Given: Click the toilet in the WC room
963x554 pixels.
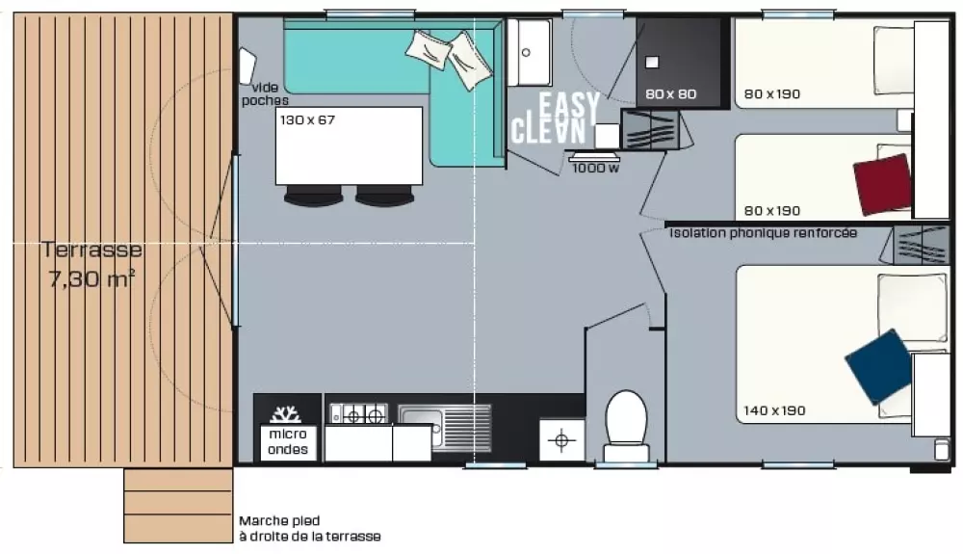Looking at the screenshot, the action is (x=626, y=426).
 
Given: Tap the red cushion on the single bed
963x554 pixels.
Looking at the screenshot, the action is (x=882, y=184).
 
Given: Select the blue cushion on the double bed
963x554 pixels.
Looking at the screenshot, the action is (x=879, y=366).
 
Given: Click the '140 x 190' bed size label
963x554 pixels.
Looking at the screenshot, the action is (x=774, y=410).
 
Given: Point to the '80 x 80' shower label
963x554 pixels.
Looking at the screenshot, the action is (x=670, y=94).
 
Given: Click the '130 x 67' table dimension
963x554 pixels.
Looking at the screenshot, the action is (x=308, y=119).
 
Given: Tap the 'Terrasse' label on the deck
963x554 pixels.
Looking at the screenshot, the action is (x=92, y=250).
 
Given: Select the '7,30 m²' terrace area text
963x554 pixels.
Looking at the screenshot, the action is (x=92, y=279).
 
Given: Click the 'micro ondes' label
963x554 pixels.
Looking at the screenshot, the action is (x=287, y=441).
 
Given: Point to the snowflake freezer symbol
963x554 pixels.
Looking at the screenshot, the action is (x=286, y=414).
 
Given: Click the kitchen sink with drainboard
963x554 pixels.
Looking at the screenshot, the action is (x=445, y=428).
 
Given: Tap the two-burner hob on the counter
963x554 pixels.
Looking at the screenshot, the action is (x=358, y=414).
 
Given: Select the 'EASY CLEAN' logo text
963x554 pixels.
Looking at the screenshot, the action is (x=556, y=118).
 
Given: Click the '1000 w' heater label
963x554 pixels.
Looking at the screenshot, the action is (x=596, y=168).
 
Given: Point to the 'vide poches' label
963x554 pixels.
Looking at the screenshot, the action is (x=265, y=94).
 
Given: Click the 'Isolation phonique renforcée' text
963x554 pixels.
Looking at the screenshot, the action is (x=763, y=233).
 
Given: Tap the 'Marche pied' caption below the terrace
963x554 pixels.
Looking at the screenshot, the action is (x=279, y=521).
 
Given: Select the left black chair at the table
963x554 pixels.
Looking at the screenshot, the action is (x=313, y=196).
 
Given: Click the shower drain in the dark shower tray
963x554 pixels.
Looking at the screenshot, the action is (x=652, y=62).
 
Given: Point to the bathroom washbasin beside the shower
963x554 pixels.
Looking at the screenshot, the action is (x=530, y=52).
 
